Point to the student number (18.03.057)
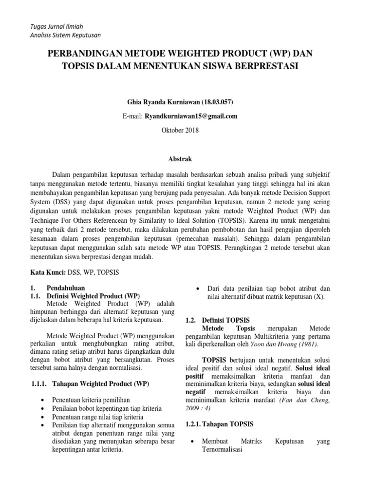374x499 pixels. coord(216,102)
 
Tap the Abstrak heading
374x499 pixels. coord(179,159)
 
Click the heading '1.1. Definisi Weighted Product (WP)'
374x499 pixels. coord(86,296)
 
